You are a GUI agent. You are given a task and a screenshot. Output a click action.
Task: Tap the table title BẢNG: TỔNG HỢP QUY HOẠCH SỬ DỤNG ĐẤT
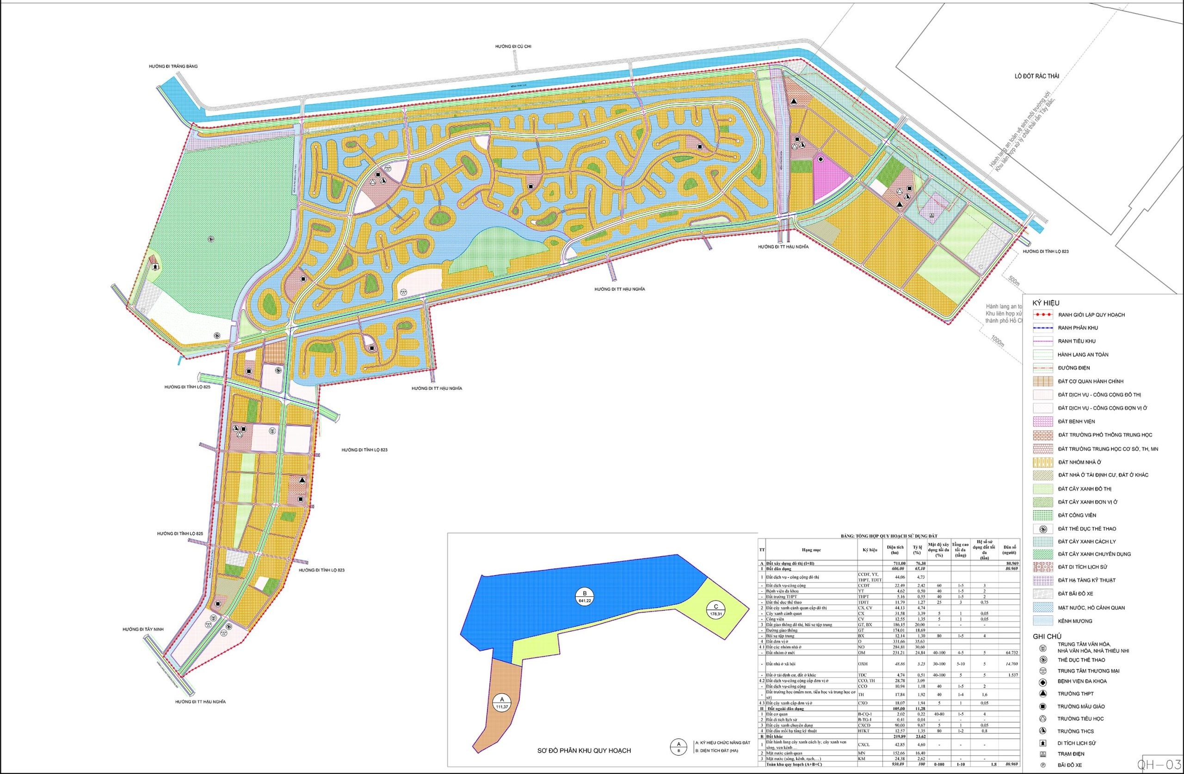click(888, 535)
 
